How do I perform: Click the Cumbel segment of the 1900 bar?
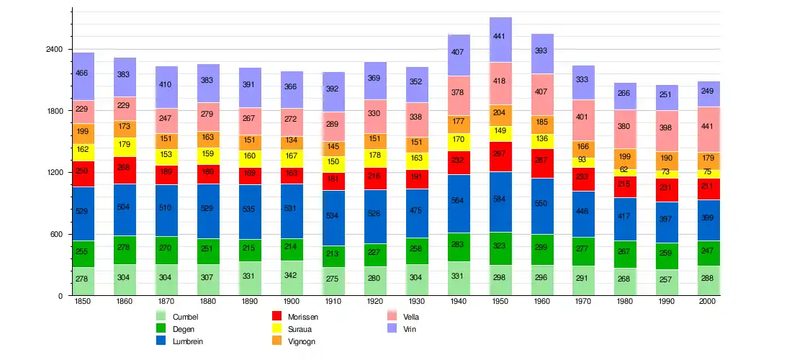click(x=292, y=278)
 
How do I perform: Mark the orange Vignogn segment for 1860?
click(x=125, y=129)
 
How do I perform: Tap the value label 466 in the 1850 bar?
click(x=83, y=73)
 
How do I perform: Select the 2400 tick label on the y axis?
click(x=54, y=50)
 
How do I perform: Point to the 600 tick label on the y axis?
click(x=57, y=235)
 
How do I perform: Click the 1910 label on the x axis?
click(x=333, y=301)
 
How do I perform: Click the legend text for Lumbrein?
click(x=188, y=341)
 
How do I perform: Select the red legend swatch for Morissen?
click(x=276, y=316)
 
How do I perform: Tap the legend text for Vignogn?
click(x=302, y=341)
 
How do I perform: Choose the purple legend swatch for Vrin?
click(x=392, y=328)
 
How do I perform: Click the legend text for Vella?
click(x=411, y=316)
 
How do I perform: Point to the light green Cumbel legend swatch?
click(x=161, y=316)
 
